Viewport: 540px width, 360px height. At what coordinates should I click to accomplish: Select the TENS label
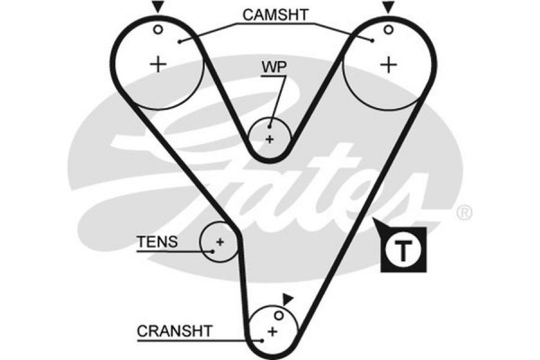click(157, 242)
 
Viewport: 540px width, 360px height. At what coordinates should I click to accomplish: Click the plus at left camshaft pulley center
click(159, 63)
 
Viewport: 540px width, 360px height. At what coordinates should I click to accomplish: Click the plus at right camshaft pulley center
click(388, 64)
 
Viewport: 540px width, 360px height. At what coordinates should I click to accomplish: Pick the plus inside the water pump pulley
click(269, 139)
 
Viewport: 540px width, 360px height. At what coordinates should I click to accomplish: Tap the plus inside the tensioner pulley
click(219, 241)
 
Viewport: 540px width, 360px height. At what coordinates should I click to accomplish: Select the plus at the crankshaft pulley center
click(270, 332)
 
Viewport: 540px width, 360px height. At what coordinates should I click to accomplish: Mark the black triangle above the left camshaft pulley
click(158, 7)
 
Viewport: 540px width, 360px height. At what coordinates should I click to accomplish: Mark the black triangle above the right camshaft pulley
click(388, 7)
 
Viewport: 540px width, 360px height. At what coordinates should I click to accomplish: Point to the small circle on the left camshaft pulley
click(158, 28)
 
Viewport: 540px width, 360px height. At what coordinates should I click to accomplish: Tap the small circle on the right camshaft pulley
click(388, 28)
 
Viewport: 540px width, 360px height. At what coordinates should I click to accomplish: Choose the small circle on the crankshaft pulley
click(279, 315)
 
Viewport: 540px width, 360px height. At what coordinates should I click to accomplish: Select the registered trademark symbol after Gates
click(463, 213)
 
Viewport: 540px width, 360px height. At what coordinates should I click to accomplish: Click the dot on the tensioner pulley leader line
click(204, 243)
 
